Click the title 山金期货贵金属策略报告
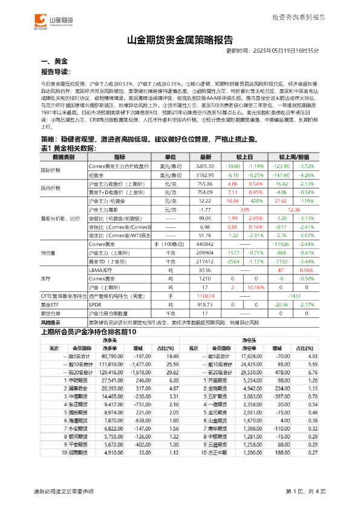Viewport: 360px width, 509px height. click(x=180, y=41)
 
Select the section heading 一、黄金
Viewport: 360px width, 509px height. click(x=53, y=62)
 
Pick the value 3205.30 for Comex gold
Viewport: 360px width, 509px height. click(x=206, y=165)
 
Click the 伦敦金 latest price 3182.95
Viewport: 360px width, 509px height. click(x=206, y=173)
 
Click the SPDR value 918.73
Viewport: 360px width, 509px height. click(x=206, y=305)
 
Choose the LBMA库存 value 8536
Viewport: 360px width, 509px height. click(x=206, y=270)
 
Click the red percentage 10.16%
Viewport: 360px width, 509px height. click(x=257, y=288)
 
